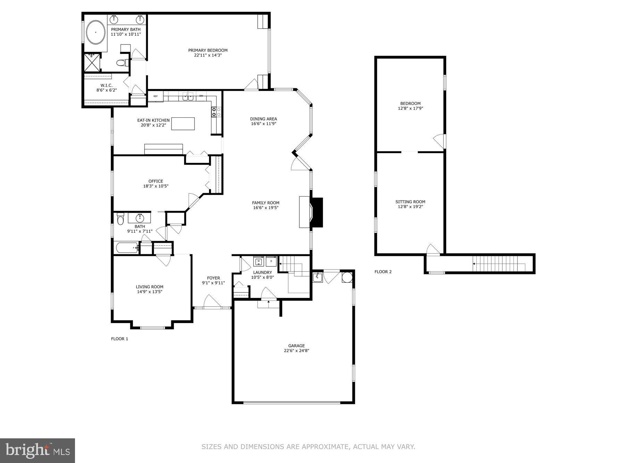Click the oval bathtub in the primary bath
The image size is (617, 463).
[95, 32]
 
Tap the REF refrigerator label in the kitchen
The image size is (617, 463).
[156, 96]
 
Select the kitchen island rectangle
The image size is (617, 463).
[183, 124]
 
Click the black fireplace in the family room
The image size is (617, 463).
[316, 213]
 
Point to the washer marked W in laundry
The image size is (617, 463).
[259, 261]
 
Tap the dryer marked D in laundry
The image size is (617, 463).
[271, 261]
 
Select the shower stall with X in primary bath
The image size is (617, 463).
[92, 62]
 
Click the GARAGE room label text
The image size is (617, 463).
[297, 346]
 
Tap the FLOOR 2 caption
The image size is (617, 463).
[383, 272]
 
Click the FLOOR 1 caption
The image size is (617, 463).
[119, 339]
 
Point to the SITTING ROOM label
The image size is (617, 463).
[410, 202]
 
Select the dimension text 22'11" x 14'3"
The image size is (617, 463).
[208, 55]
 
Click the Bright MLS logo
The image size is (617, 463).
[37, 450]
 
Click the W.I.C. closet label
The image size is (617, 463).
[107, 85]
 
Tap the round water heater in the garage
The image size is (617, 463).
[347, 277]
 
